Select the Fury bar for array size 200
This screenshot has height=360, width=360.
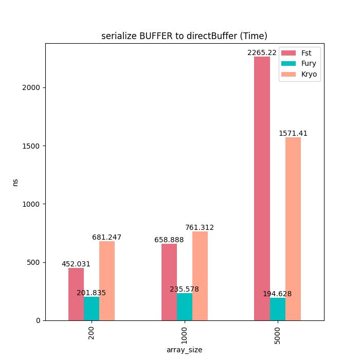(92, 309)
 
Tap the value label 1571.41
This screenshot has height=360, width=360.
(293, 133)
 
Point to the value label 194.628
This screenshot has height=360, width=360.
(277, 294)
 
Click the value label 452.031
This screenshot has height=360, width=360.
(76, 264)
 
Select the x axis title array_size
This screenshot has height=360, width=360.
(184, 350)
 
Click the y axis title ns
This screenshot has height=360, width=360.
(15, 182)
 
